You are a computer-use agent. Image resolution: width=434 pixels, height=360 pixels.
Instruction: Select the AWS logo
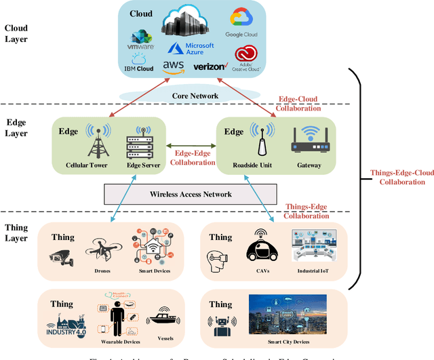[x=174, y=66]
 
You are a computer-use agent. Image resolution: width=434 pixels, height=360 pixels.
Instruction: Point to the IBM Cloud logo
[x=140, y=61]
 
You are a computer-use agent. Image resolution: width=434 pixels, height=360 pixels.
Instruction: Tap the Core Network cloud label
[x=194, y=96]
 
